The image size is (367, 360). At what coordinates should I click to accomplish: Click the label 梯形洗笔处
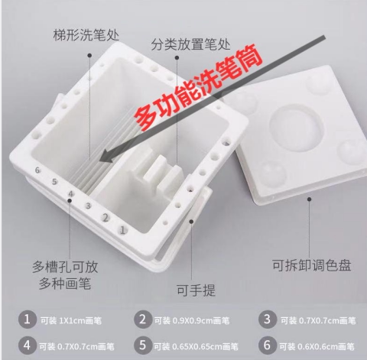86,35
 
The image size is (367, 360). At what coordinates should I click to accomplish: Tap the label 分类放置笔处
190,44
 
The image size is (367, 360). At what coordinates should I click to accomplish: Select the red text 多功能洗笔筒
198,87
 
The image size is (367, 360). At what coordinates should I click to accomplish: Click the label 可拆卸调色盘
312,265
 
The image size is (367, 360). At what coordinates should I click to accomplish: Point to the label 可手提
196,290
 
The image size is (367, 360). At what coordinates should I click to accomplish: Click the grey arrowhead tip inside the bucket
99,161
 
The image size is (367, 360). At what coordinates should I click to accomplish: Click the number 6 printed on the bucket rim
37,170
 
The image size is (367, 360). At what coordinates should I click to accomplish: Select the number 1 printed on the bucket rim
122,230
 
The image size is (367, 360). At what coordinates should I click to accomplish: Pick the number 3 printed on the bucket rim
88,206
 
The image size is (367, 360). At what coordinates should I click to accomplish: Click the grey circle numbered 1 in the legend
28,319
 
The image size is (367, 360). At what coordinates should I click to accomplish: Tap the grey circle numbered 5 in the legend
143,345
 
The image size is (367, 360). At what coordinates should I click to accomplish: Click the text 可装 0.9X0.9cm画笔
192,320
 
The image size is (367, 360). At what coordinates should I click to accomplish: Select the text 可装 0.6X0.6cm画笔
317,346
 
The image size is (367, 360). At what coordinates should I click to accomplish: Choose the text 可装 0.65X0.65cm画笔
196,346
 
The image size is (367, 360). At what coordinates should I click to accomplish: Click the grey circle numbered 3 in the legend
267,319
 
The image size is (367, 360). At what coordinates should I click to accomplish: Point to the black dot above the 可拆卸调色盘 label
310,199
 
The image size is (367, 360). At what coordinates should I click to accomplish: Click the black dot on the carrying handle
191,222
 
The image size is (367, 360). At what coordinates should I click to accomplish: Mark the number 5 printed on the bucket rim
54,182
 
